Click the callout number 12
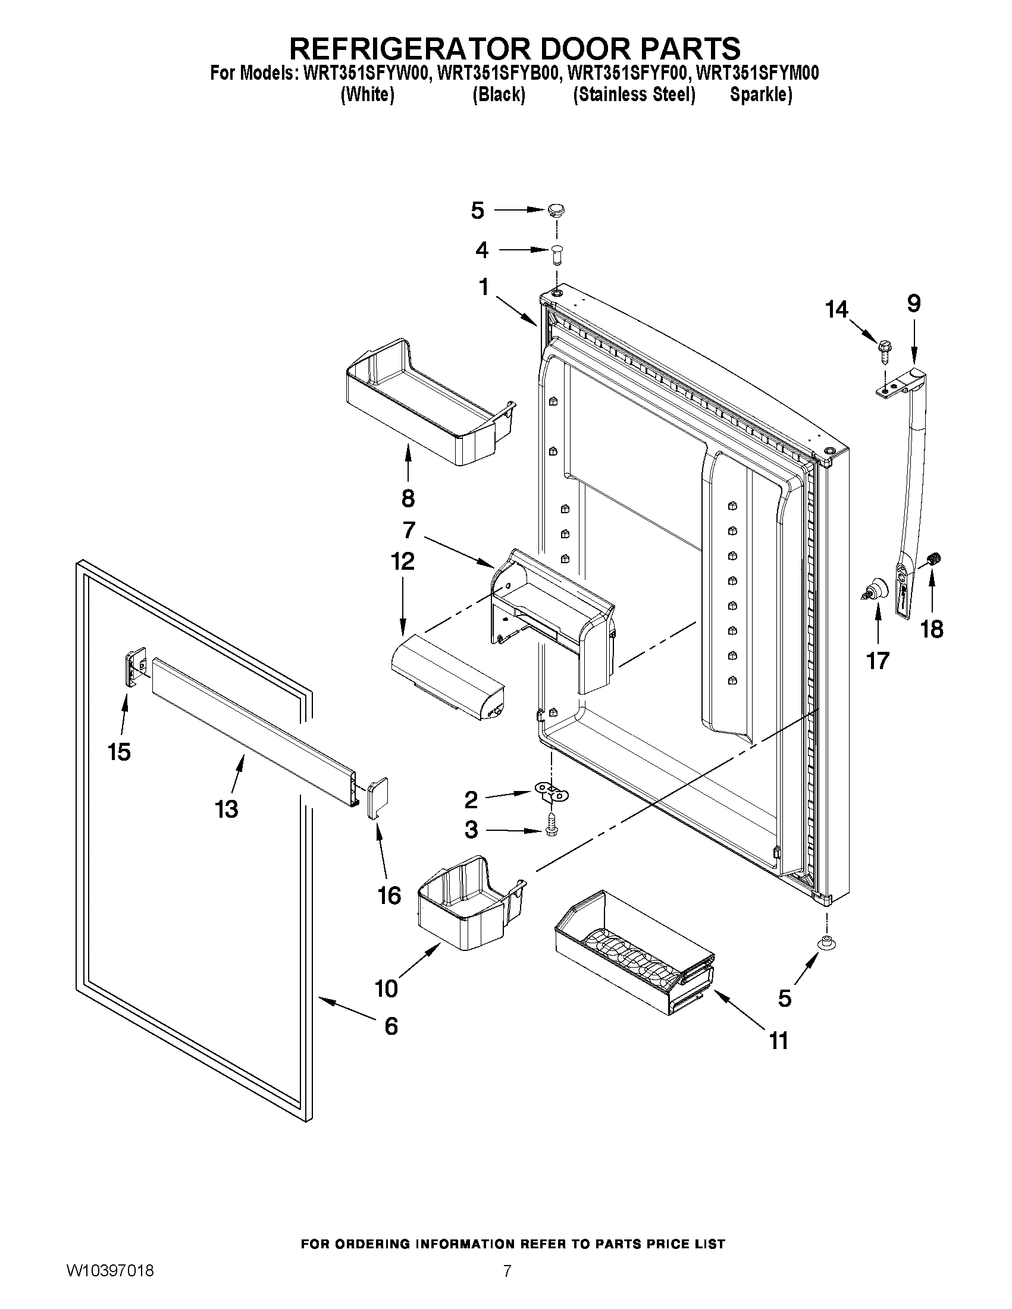point(402,561)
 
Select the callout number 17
point(878,661)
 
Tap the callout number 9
point(913,303)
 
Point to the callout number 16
point(389,896)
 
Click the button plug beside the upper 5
point(556,211)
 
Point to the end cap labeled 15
point(136,665)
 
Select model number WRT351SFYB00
point(499,73)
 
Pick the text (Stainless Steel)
point(634,95)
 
